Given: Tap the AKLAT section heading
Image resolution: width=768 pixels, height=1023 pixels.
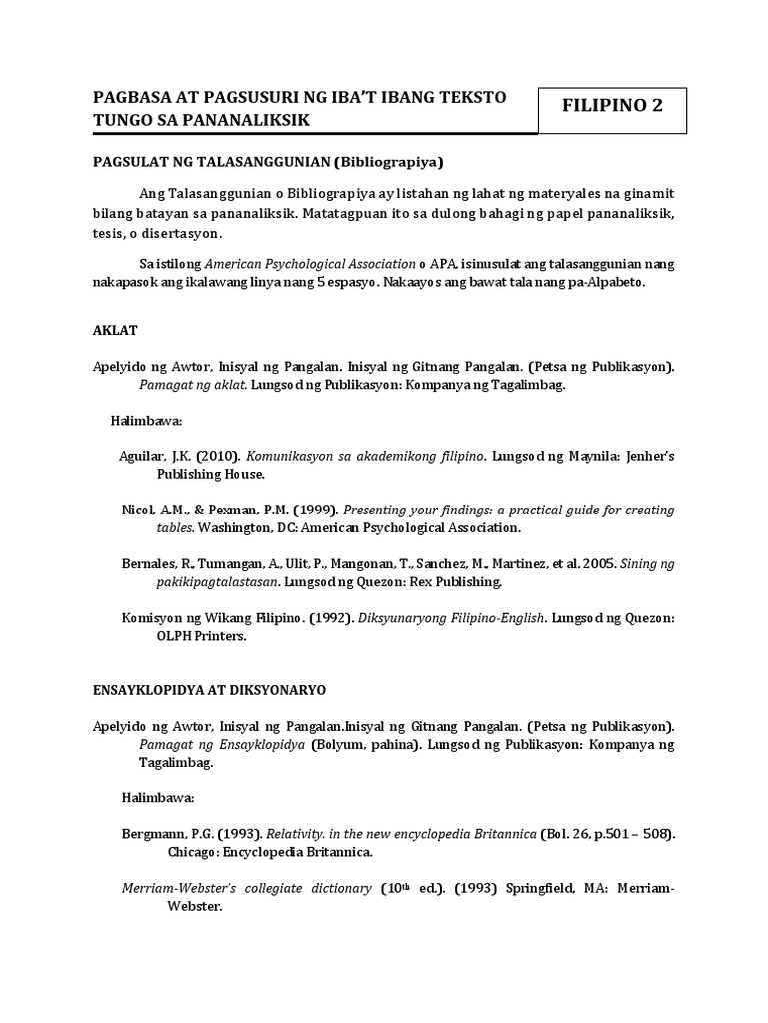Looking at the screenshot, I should coord(115,329).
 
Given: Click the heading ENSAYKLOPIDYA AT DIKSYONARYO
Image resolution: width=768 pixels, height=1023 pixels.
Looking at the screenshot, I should coord(209,690).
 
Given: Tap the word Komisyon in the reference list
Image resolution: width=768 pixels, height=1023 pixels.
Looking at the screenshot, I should coord(153,618).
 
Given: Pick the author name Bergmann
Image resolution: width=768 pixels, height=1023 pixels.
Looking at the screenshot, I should coord(153,834).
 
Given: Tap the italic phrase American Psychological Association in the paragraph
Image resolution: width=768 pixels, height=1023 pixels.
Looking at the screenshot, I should coord(310,264).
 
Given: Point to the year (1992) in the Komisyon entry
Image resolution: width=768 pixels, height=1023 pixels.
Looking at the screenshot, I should coord(331,618).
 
